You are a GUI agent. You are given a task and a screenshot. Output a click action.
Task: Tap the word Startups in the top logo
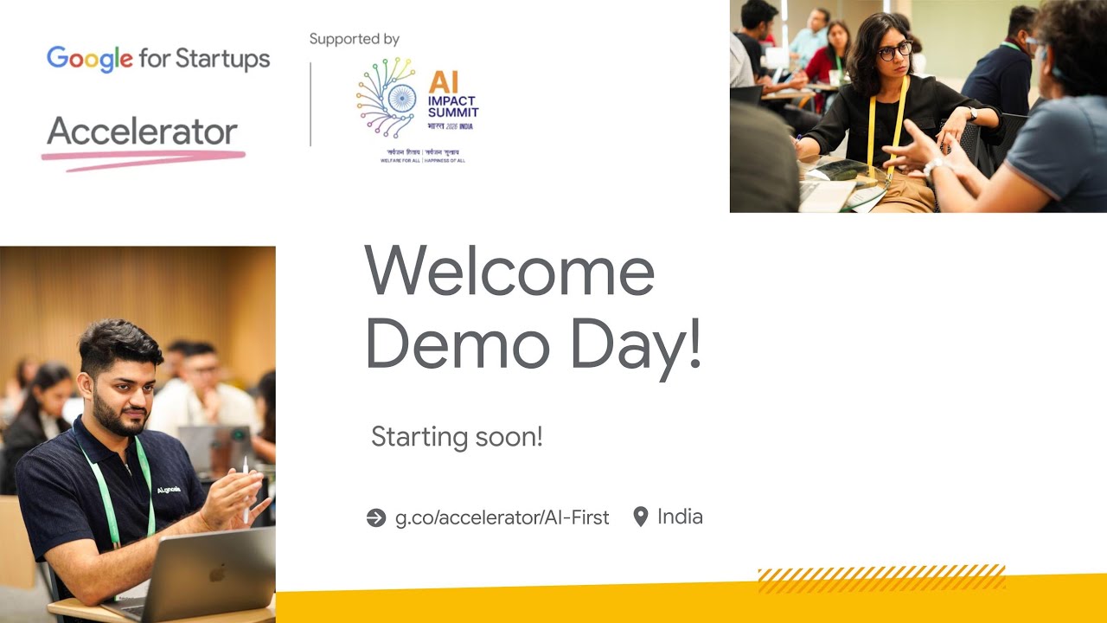pyautogui.click(x=223, y=59)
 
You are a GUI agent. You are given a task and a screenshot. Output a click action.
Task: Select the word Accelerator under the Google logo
pyautogui.click(x=142, y=132)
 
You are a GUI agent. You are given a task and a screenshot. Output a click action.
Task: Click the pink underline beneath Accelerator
pyautogui.click(x=144, y=158)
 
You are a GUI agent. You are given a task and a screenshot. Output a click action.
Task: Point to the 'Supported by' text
pyautogui.click(x=355, y=39)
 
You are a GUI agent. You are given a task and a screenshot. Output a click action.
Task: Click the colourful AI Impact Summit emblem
pyautogui.click(x=387, y=98)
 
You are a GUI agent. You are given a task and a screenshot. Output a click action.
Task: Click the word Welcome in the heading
pyautogui.click(x=509, y=272)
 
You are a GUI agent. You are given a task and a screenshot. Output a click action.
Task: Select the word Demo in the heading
pyautogui.click(x=458, y=345)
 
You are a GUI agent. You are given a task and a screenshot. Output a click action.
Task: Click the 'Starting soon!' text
pyautogui.click(x=457, y=437)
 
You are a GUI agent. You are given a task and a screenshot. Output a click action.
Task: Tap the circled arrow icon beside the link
pyautogui.click(x=376, y=517)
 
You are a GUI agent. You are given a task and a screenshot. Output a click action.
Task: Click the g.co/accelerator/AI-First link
pyautogui.click(x=502, y=517)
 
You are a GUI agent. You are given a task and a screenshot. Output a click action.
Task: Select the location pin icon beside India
pyautogui.click(x=641, y=517)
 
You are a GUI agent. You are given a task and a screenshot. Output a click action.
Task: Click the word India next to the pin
pyautogui.click(x=680, y=517)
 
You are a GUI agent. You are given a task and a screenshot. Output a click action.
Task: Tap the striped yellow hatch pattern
pyautogui.click(x=881, y=578)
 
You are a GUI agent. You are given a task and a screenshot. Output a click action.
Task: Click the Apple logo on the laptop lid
pyautogui.click(x=219, y=573)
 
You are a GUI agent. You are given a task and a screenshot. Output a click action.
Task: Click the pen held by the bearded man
pyautogui.click(x=245, y=489)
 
